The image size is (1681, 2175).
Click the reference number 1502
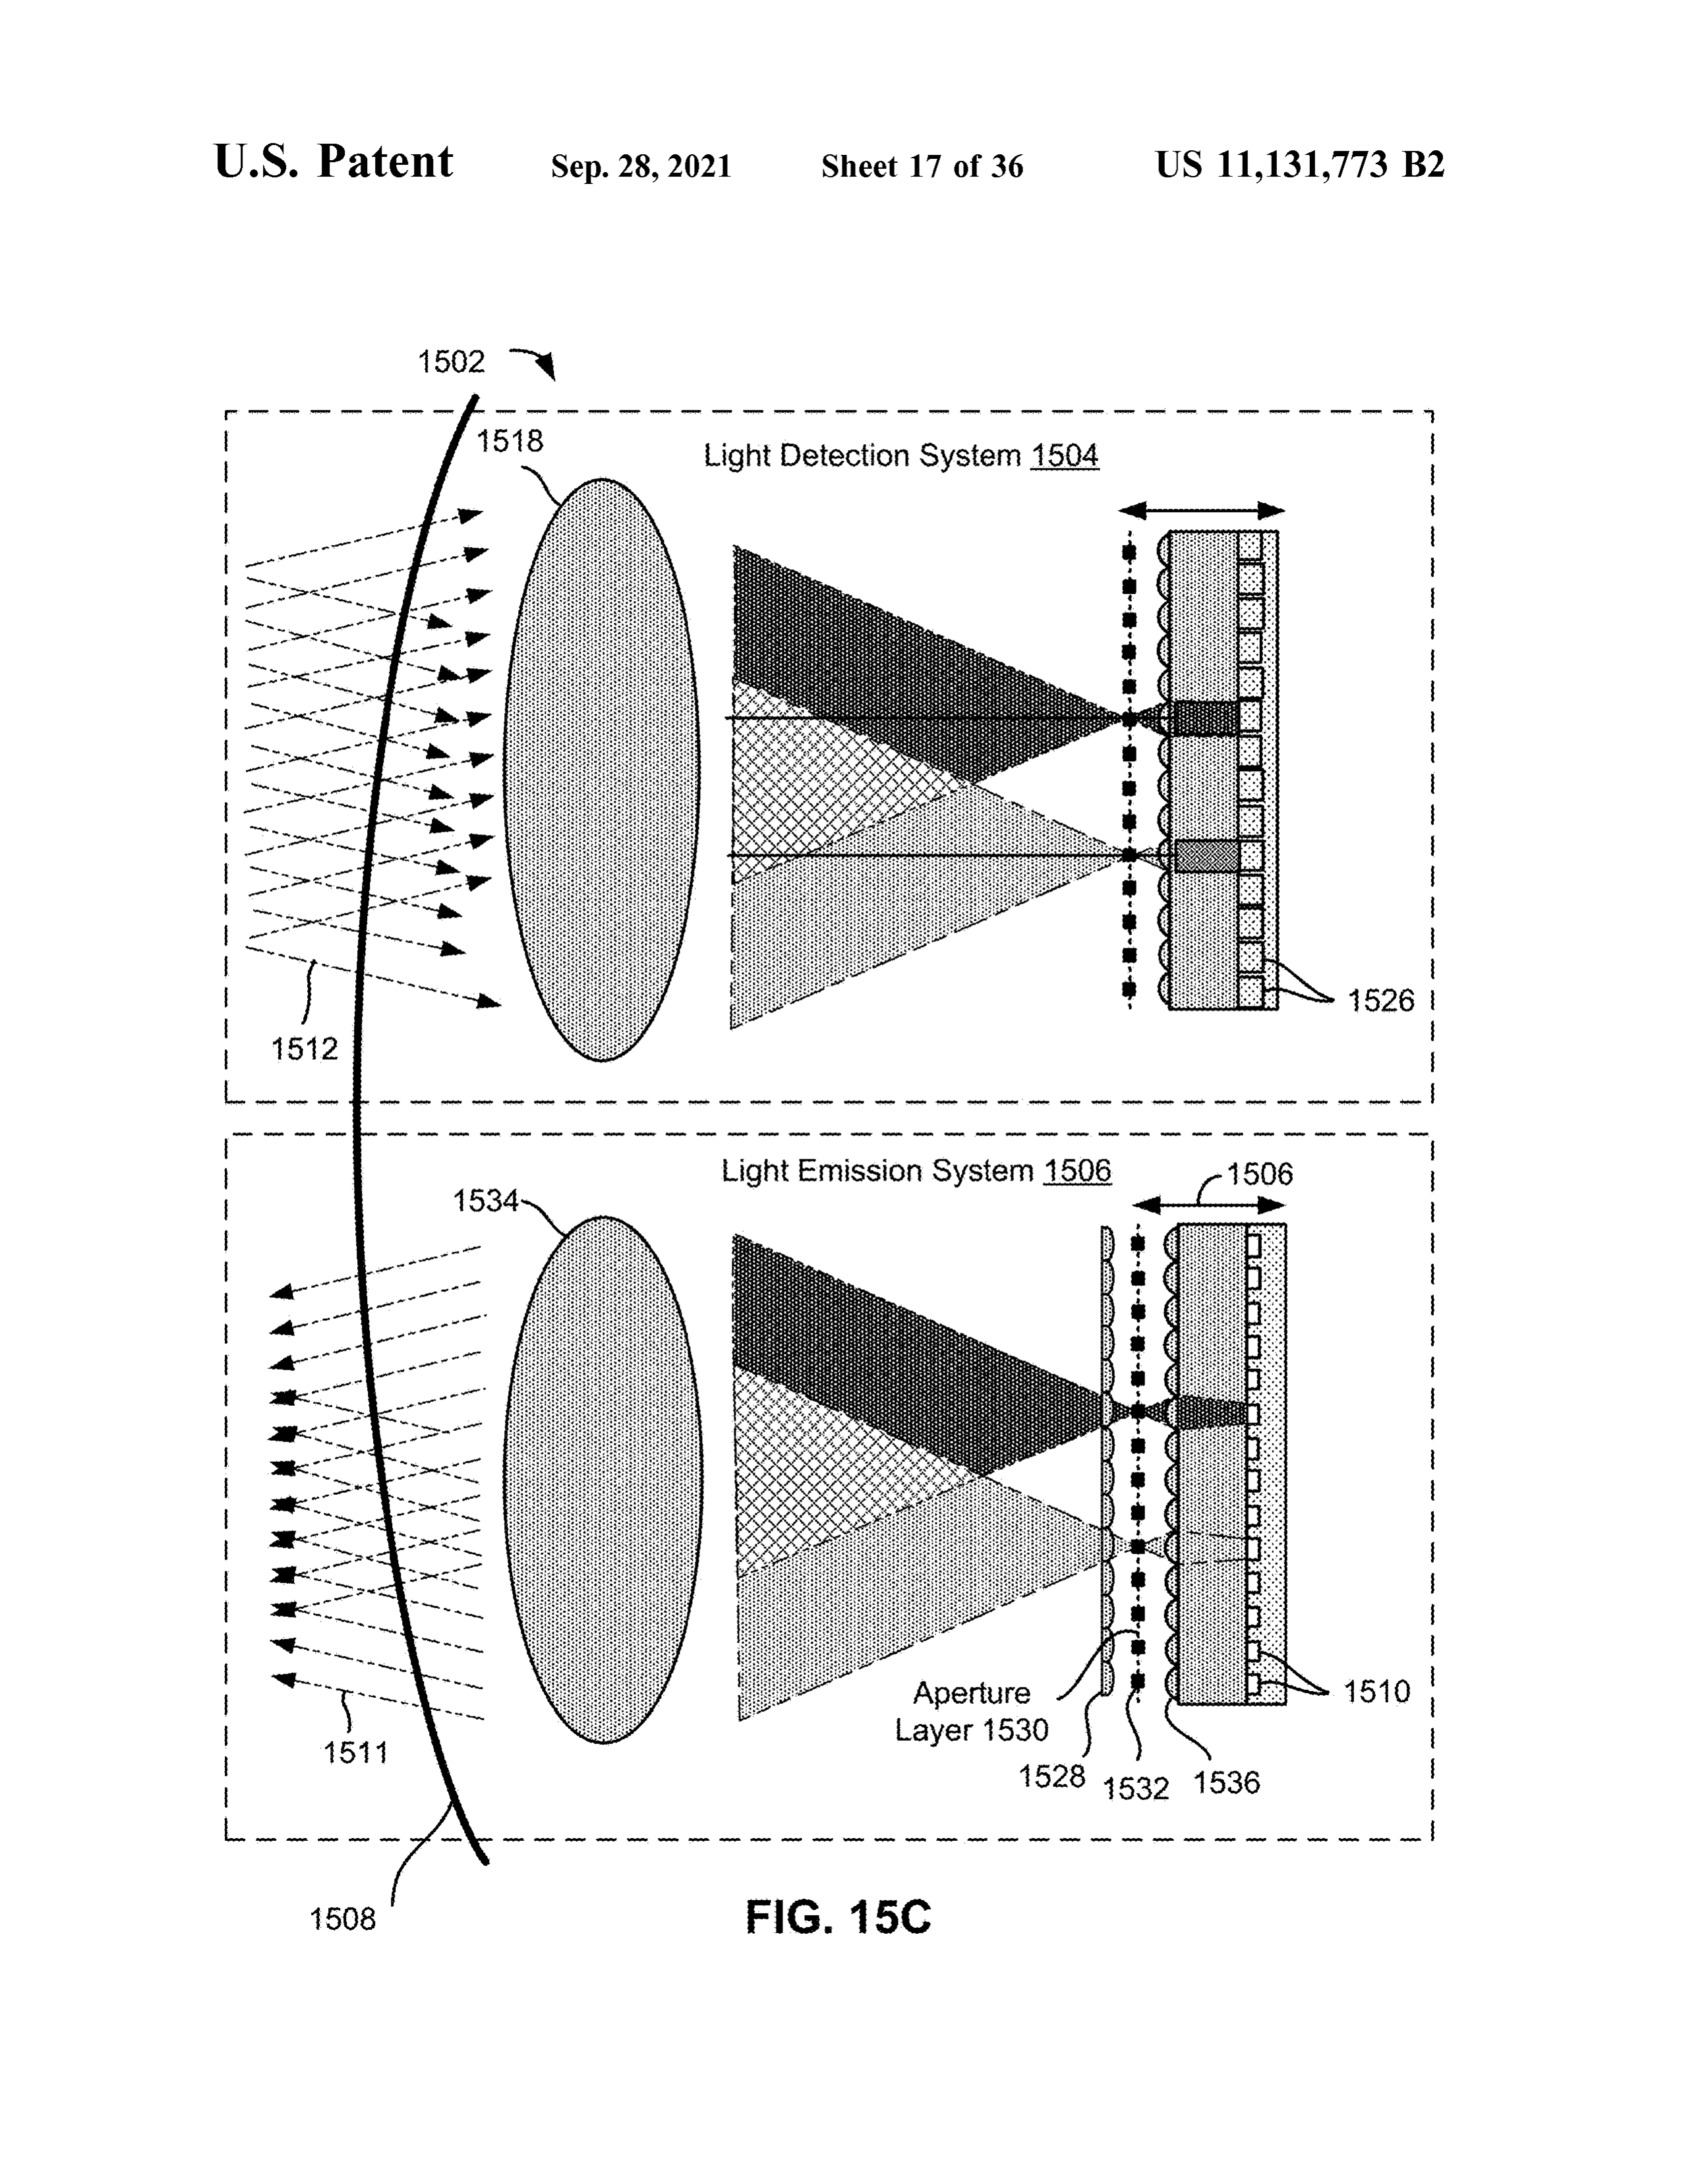(451, 361)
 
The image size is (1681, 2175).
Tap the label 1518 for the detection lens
(510, 440)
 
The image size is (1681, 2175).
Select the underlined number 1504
(1065, 455)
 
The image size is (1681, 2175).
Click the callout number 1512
(305, 1048)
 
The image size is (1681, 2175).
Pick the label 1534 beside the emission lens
(486, 1201)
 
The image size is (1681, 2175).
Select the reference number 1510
(1377, 1691)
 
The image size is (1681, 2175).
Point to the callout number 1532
(1135, 1789)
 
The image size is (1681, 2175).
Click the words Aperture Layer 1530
(971, 1711)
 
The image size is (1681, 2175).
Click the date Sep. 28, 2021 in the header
(641, 165)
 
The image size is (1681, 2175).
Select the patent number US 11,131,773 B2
(1299, 164)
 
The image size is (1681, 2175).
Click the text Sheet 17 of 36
(922, 165)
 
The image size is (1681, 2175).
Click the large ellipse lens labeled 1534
(603, 1479)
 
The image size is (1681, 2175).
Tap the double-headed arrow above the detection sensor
(1201, 511)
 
